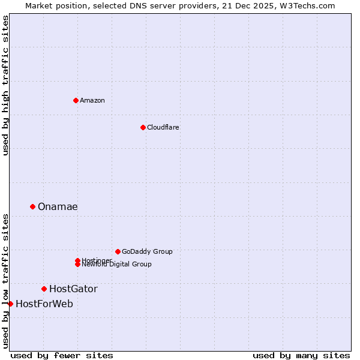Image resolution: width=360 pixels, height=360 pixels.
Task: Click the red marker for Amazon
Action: (x=76, y=100)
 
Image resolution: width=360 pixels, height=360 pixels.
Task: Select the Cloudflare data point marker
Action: (x=143, y=127)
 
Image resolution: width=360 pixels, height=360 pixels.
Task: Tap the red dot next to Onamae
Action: (x=32, y=206)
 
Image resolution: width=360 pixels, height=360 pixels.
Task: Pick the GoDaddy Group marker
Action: (x=118, y=251)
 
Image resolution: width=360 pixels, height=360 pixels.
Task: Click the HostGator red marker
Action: (x=44, y=289)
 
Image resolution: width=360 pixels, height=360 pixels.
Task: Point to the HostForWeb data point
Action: (x=10, y=304)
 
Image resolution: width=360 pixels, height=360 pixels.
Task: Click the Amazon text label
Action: (x=92, y=100)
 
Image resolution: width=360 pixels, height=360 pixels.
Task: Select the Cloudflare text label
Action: (x=163, y=127)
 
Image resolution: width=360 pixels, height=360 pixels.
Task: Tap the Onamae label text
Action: (x=58, y=206)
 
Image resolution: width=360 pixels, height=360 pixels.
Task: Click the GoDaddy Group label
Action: (x=146, y=251)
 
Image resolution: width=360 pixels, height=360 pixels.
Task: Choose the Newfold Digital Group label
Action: (x=118, y=265)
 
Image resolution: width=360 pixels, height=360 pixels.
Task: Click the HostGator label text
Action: (x=73, y=289)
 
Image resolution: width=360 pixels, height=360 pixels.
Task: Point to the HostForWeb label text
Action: (x=44, y=304)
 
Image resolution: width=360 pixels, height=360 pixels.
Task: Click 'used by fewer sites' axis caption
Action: (x=62, y=355)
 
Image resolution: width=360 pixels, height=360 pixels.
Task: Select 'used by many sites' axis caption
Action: (x=301, y=355)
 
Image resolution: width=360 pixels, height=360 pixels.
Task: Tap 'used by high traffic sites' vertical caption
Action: (x=5, y=85)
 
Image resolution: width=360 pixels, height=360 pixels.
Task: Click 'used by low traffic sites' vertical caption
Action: (x=5, y=280)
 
